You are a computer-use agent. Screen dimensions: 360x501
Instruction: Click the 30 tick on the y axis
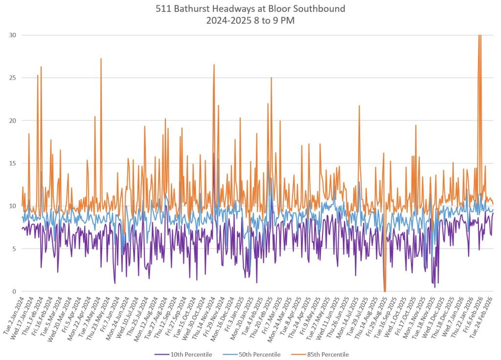(x=12, y=35)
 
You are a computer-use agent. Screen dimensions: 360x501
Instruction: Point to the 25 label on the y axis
(x=12, y=78)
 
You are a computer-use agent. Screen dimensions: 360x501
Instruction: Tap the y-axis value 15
(x=12, y=163)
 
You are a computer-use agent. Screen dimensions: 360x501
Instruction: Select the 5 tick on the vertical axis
(x=14, y=249)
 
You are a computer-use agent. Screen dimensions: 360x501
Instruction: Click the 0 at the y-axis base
(x=14, y=292)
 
